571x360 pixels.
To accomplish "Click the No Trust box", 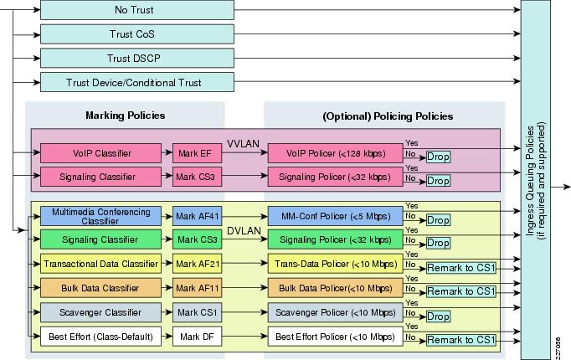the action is (x=137, y=10).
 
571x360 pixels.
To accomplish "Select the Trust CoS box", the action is (x=137, y=34).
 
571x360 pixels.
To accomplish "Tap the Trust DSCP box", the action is (x=137, y=59).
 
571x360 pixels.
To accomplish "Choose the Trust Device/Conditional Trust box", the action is (x=137, y=82).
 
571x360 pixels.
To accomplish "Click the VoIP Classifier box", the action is (x=100, y=153).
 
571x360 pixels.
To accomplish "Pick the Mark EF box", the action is (x=197, y=153).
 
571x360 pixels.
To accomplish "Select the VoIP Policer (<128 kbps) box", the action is (x=336, y=153).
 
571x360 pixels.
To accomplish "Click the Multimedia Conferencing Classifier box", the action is (x=100, y=216).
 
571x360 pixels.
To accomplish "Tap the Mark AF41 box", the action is (x=197, y=216).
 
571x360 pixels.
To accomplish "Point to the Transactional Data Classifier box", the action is (x=100, y=264).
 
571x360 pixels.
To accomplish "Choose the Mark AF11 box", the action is (x=197, y=288).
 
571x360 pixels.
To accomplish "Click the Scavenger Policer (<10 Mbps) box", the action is (x=336, y=312).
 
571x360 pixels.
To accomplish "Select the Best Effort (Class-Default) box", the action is (x=100, y=337).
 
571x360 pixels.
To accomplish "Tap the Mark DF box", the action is (x=197, y=337).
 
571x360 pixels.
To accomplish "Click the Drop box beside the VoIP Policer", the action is (x=438, y=157).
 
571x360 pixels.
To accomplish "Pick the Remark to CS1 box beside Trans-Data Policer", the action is (x=461, y=268).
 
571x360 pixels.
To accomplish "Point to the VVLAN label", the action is (x=244, y=144).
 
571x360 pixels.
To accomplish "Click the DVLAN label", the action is (x=244, y=231).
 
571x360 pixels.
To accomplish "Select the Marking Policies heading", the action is (x=126, y=116).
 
